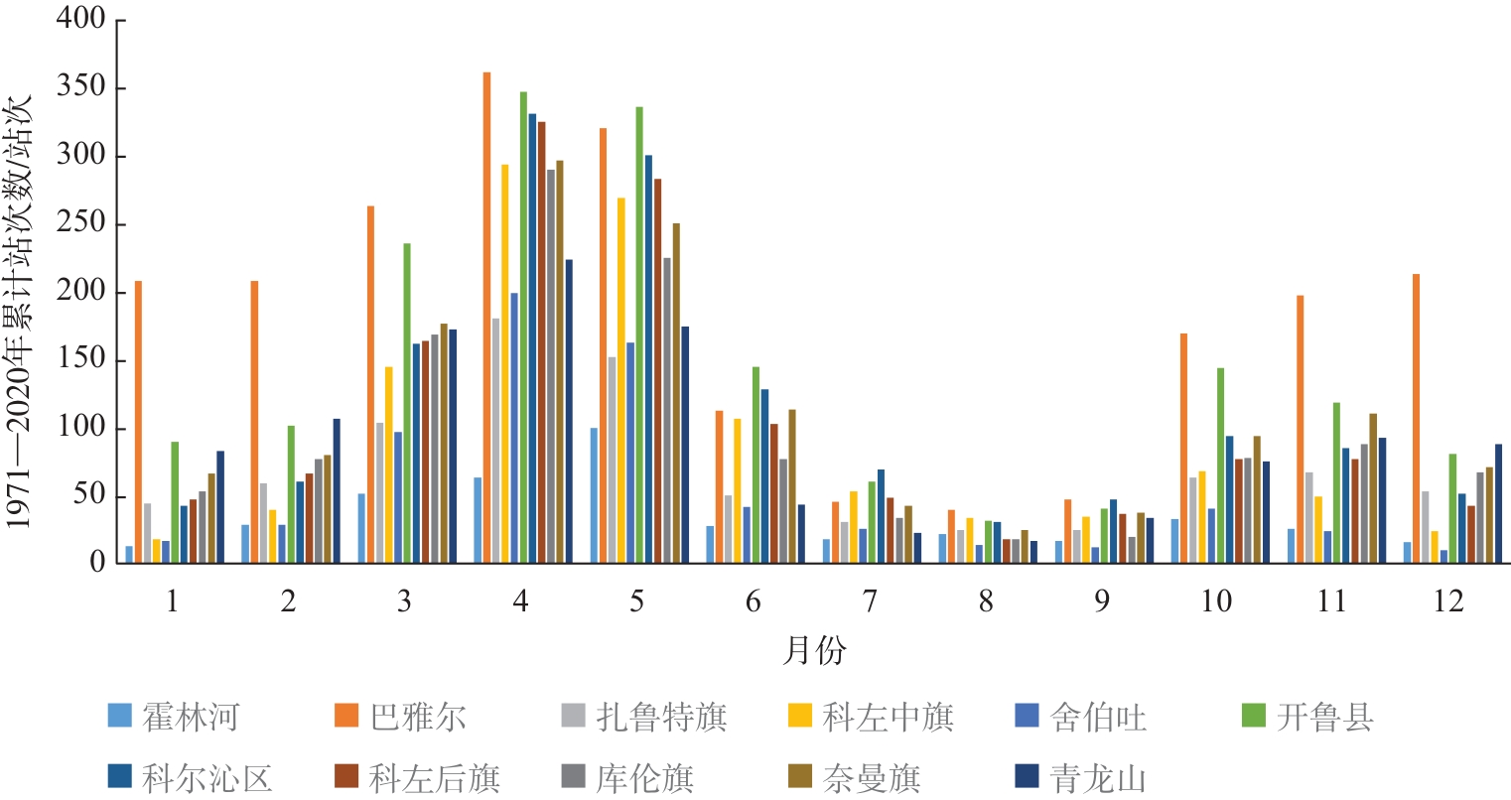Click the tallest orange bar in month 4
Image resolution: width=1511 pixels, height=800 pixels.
(x=487, y=317)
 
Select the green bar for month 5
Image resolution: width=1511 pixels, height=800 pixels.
(x=639, y=334)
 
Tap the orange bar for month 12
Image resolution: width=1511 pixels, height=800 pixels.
(x=1416, y=418)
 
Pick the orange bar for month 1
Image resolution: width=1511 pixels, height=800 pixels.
(x=138, y=422)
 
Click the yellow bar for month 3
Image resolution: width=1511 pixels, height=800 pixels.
(x=388, y=465)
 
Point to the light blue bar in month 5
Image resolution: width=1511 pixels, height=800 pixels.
(x=594, y=495)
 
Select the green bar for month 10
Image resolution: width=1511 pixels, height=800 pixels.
(x=1220, y=466)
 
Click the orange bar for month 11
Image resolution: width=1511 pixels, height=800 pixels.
(x=1300, y=429)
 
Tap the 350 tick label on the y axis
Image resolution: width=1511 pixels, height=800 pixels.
(x=81, y=87)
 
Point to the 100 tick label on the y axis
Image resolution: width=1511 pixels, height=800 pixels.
(x=81, y=427)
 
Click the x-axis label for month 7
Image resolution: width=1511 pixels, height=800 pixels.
(x=870, y=601)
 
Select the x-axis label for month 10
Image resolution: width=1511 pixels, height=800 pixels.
(x=1216, y=601)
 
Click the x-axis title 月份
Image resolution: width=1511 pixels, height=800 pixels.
(x=814, y=651)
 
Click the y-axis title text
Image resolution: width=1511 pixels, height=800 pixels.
(x=18, y=313)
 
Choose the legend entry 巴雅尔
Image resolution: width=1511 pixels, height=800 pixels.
(x=401, y=716)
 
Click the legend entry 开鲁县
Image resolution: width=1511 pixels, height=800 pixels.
(x=1307, y=716)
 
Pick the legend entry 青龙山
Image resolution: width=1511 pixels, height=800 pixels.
(x=1081, y=778)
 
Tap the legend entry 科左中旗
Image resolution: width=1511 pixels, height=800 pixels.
(x=871, y=716)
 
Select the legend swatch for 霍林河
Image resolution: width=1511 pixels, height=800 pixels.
(x=119, y=715)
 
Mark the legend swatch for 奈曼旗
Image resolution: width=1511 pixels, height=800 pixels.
(x=799, y=776)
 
